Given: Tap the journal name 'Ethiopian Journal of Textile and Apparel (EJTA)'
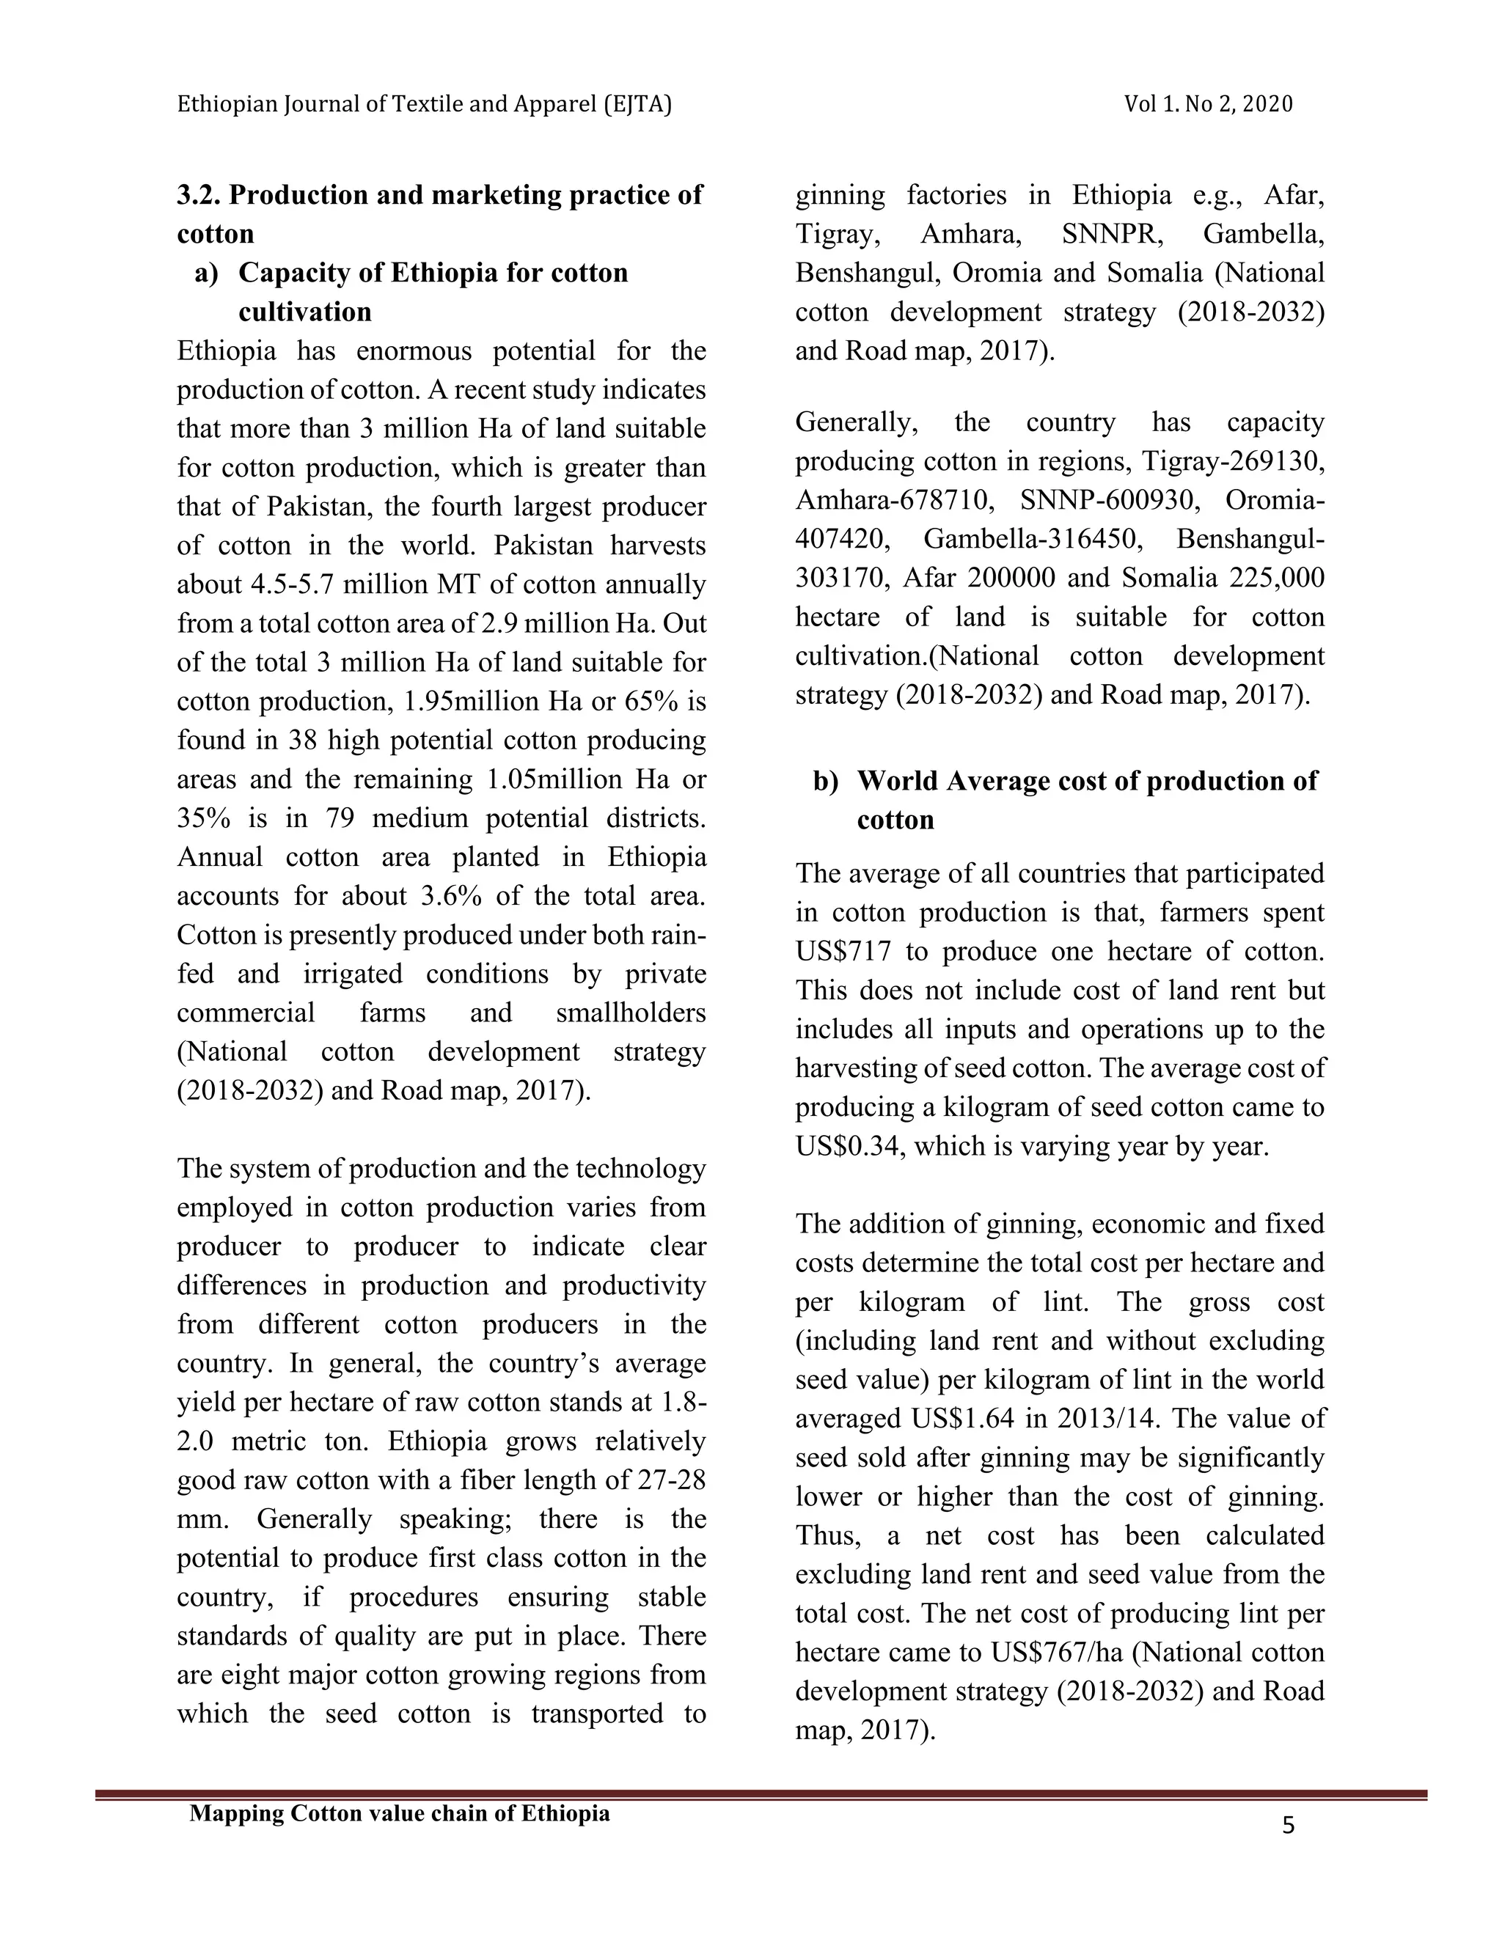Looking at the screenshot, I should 425,104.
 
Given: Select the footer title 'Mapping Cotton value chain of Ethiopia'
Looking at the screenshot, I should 400,1813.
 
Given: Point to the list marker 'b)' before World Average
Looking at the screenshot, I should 825,780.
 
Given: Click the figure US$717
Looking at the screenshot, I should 843,951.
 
